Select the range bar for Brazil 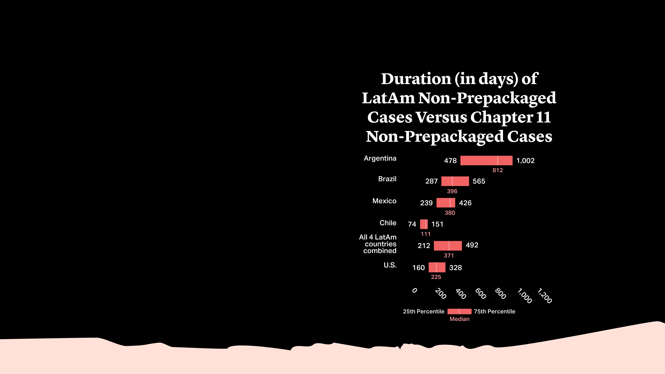pyautogui.click(x=455, y=181)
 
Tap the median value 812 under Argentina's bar pyautogui.click(x=497, y=170)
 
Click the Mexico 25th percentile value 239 pyautogui.click(x=426, y=203)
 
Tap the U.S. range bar pyautogui.click(x=437, y=267)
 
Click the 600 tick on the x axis pyautogui.click(x=480, y=294)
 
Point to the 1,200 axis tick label pyautogui.click(x=544, y=296)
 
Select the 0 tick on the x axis pyautogui.click(x=414, y=291)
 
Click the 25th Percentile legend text pyautogui.click(x=423, y=312)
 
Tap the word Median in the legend pyautogui.click(x=459, y=319)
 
